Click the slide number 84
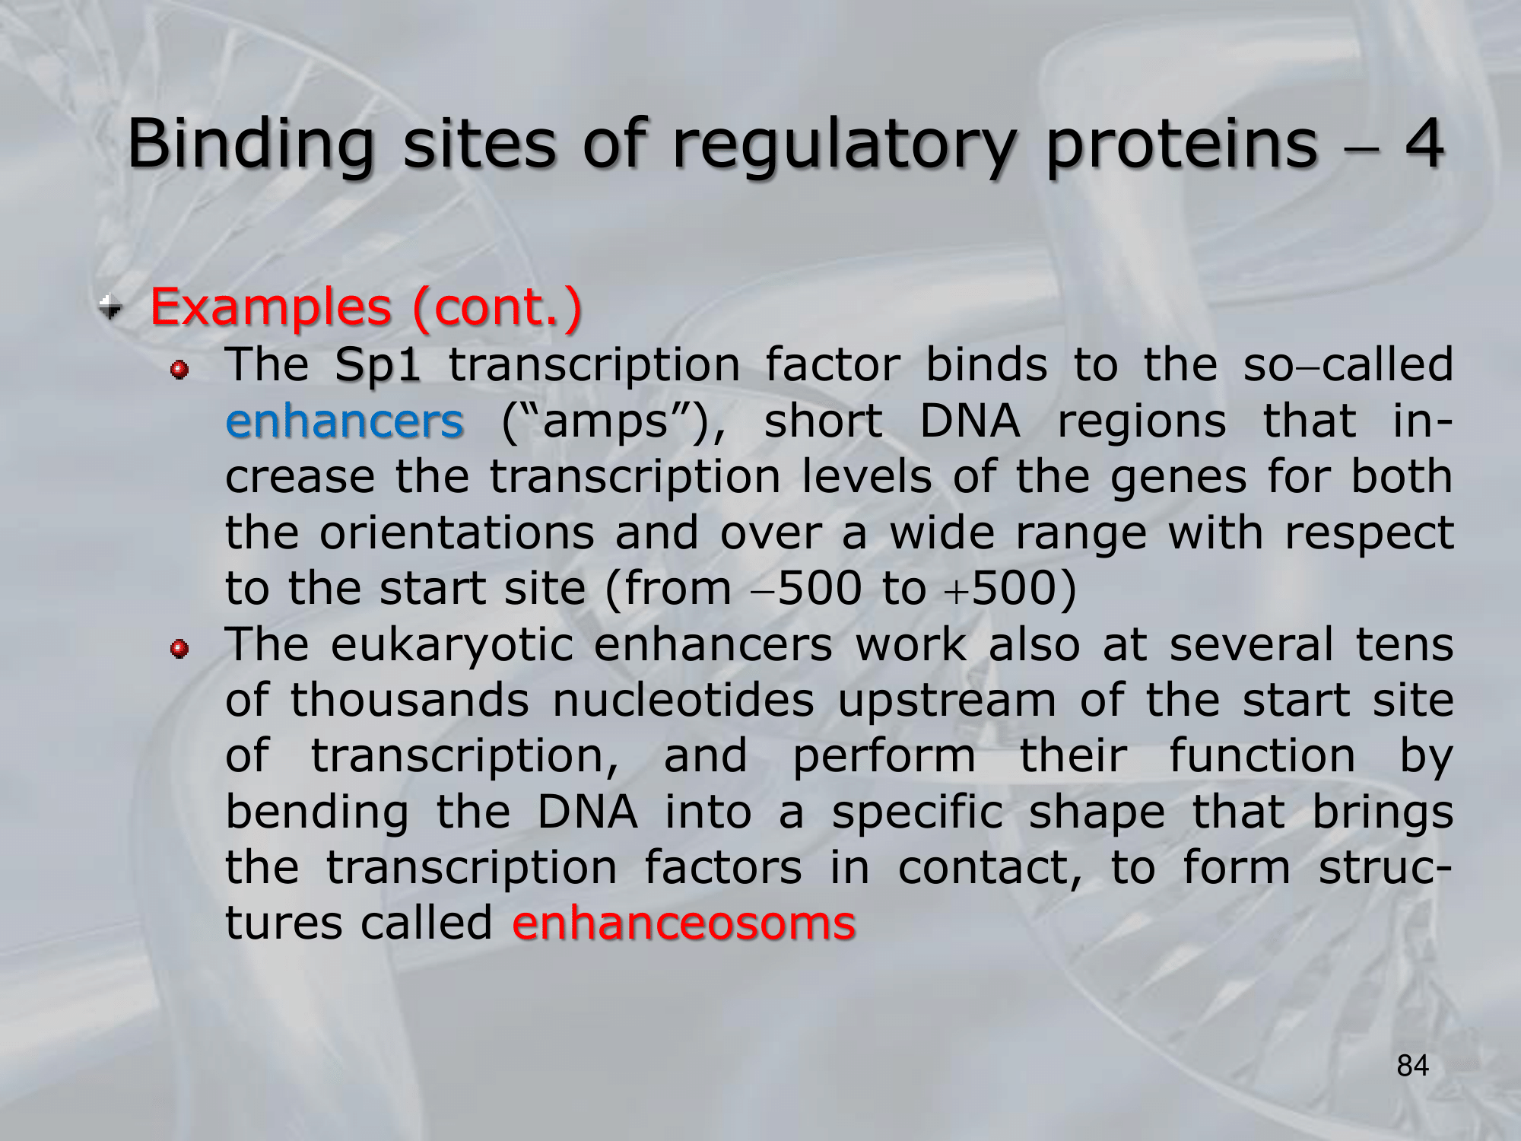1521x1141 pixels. (x=1413, y=1066)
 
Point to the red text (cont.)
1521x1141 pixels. (x=497, y=308)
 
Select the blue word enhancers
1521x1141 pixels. (x=345, y=421)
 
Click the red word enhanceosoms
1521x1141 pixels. (x=684, y=923)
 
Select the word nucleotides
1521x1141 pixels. (x=683, y=700)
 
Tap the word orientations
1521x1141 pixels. (x=457, y=532)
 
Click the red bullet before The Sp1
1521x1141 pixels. (x=180, y=370)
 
